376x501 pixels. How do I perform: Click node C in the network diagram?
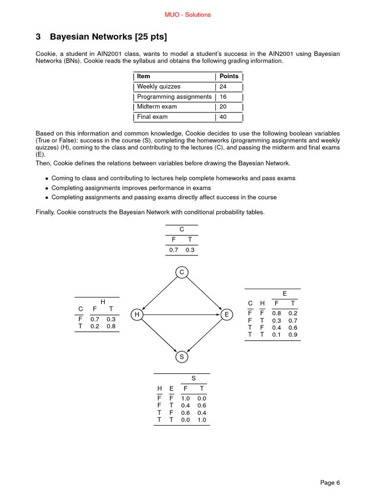point(182,272)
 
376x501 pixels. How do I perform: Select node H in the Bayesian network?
point(137,315)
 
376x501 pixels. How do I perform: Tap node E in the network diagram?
point(226,315)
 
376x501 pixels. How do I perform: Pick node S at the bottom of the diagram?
point(182,357)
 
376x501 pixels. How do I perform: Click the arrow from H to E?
point(182,315)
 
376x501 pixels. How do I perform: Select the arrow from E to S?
point(204,336)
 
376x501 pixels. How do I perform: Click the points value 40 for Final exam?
point(223,117)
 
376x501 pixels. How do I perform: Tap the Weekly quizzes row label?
point(159,87)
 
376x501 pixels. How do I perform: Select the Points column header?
point(229,76)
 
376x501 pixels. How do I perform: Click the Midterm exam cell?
point(157,107)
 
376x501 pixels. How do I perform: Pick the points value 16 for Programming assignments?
point(223,97)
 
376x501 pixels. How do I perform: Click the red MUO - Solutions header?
point(188,15)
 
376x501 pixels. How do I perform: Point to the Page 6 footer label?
point(330,483)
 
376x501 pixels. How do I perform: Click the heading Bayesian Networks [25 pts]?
point(108,37)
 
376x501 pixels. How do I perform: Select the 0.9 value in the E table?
point(293,335)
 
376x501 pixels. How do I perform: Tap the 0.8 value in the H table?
point(111,326)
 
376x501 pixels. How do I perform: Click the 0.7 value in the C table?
point(174,250)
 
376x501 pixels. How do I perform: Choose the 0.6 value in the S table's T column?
point(202,405)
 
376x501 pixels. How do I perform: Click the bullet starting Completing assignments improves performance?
point(131,188)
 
